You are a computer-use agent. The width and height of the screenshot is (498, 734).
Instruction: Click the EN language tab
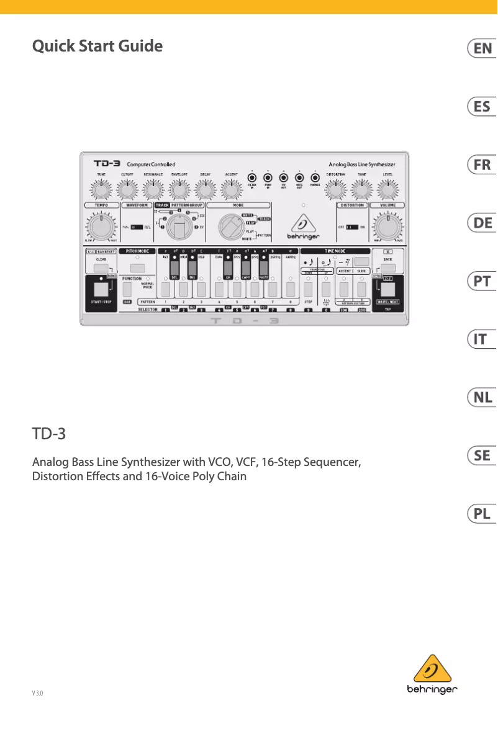point(481,49)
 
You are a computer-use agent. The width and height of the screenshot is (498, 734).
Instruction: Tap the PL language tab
point(481,514)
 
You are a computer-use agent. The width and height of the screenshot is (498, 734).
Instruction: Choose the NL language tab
point(481,398)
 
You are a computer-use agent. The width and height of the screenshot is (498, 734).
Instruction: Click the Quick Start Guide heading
point(97,46)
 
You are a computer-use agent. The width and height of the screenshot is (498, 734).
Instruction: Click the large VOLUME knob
point(387,228)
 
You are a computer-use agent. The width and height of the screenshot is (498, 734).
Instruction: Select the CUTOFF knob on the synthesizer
point(127,188)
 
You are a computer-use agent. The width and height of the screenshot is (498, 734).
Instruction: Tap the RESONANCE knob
point(153,188)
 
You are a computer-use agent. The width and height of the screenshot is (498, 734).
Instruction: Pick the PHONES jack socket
point(315,176)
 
